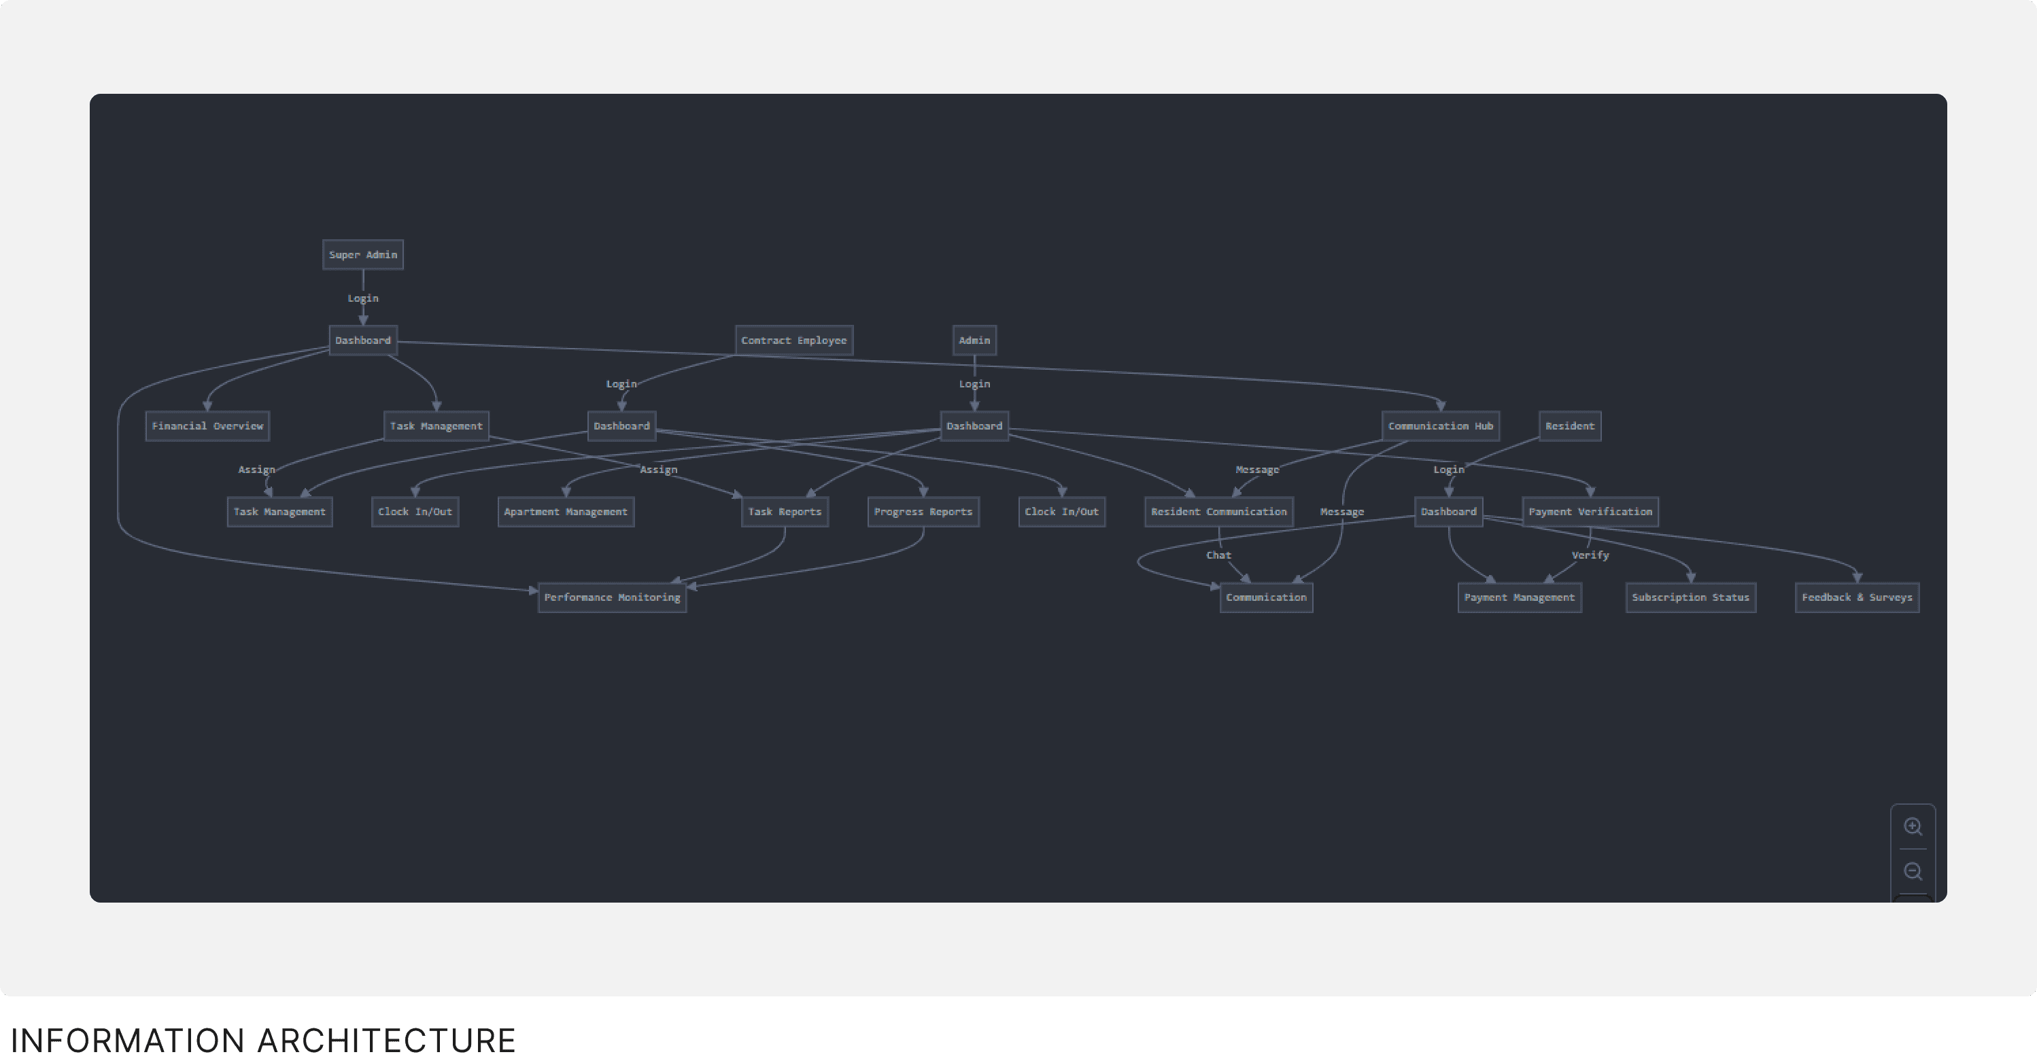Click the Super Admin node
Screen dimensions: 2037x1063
[363, 254]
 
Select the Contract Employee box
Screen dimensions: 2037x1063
[793, 341]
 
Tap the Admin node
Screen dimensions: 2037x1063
[974, 341]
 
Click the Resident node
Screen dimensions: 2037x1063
[1570, 426]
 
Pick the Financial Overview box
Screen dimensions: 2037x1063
[207, 426]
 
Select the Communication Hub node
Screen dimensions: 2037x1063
[1440, 426]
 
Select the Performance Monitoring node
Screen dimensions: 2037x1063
[612, 597]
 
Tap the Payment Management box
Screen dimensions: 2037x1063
[1519, 597]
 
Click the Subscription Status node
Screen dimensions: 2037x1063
[1691, 597]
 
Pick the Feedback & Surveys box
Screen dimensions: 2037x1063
[1857, 597]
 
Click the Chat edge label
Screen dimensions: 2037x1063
[1218, 555]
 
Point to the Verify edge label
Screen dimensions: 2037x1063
[1590, 555]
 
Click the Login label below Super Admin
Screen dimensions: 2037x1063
[363, 298]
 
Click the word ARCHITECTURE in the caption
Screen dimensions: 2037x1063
[387, 1040]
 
